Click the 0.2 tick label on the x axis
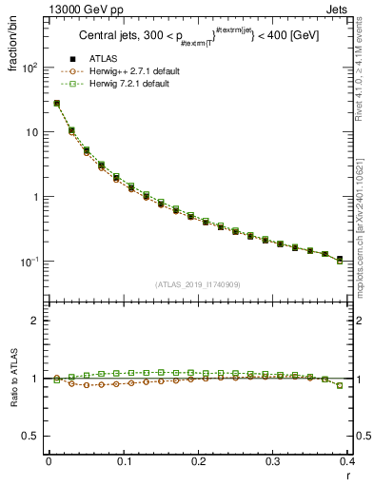click(197, 462)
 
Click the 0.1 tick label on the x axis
click(123, 462)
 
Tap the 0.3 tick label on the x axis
click(272, 462)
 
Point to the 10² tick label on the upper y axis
click(29, 68)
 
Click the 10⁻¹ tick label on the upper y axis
click(29, 262)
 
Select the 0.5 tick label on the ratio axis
click(30, 437)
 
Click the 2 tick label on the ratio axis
click(35, 321)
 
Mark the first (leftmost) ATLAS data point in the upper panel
click(56, 103)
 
